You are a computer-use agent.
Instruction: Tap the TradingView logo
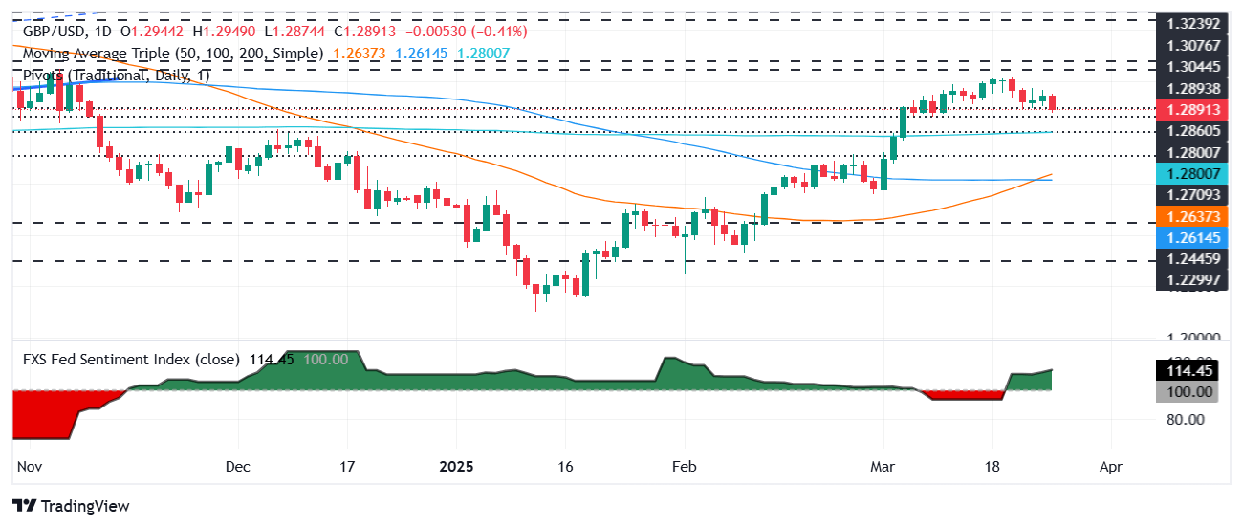tap(71, 506)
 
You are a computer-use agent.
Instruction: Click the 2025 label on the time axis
tap(456, 468)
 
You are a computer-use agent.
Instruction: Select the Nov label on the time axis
tap(29, 468)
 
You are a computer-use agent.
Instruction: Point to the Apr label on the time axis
tap(1111, 468)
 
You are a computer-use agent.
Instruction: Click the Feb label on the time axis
tap(685, 468)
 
